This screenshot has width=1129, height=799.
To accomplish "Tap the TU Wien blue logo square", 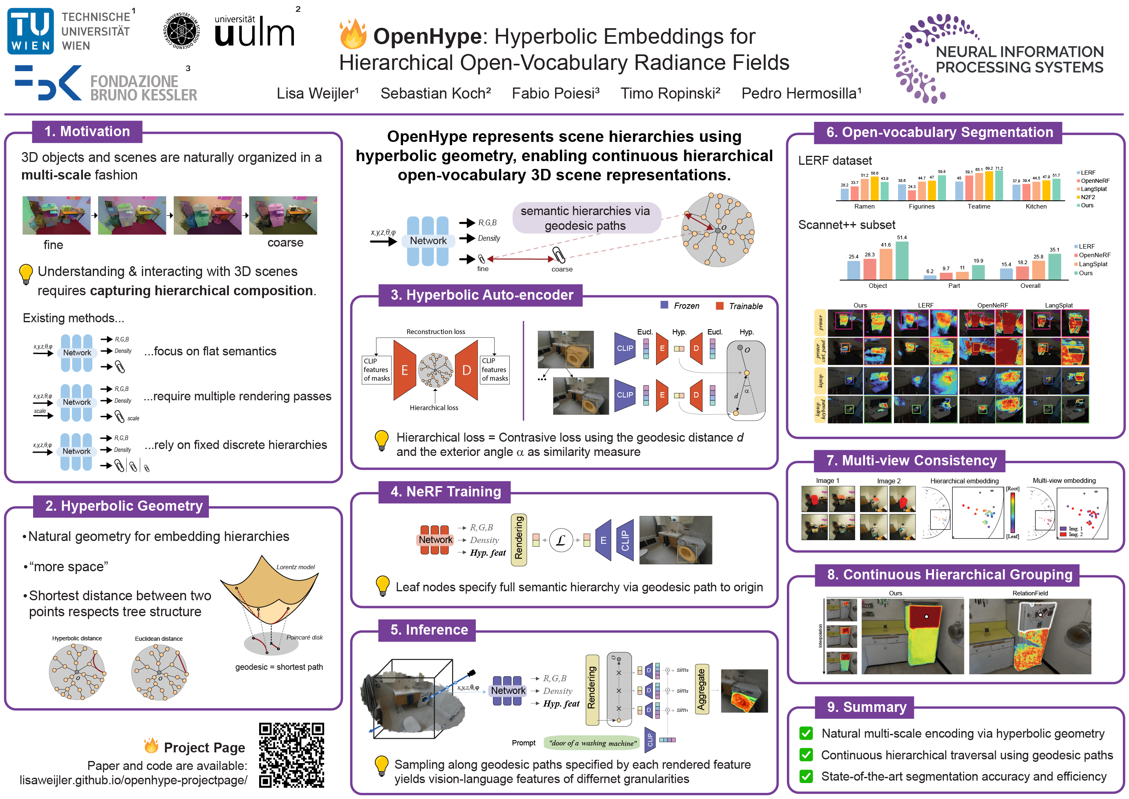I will [31, 31].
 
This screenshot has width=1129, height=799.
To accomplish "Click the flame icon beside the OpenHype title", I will [353, 34].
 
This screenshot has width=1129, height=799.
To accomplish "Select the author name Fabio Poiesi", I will [555, 94].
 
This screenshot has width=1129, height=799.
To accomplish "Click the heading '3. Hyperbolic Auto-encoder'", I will [482, 295].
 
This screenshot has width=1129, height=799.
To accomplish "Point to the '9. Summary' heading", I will [867, 707].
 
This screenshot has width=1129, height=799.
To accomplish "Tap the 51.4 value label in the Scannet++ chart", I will [902, 238].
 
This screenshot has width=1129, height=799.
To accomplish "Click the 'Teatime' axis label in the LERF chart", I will [979, 206].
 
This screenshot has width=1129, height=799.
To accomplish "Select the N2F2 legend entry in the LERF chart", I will [1087, 197].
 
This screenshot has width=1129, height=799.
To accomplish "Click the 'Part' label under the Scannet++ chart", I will [954, 286].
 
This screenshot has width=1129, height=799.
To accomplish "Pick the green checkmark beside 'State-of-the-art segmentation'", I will [806, 777].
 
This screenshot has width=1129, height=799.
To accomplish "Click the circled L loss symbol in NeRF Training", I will [560, 541].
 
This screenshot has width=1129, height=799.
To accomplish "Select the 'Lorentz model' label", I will [295, 567].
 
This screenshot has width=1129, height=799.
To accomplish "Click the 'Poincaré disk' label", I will [305, 637].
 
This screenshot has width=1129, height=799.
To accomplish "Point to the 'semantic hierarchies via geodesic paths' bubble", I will [585, 218].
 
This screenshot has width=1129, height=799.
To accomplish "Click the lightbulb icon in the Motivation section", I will [26, 274].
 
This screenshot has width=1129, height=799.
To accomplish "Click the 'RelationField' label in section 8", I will [1030, 593].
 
